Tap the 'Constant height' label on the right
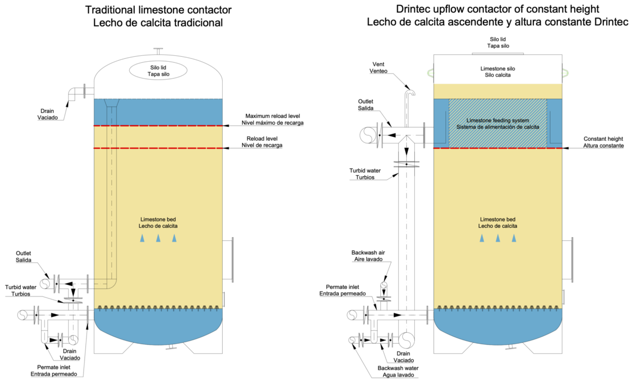pyautogui.click(x=603, y=142)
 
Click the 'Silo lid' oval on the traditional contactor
pyautogui.click(x=158, y=71)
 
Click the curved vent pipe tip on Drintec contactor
pyautogui.click(x=412, y=91)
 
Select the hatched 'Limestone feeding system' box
pyautogui.click(x=497, y=123)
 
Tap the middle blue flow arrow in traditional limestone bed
pyautogui.click(x=158, y=238)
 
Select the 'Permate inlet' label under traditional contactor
pyautogui.click(x=57, y=371)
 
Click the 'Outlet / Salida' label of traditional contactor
pyautogui.click(x=23, y=256)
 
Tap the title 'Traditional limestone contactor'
pyautogui.click(x=158, y=9)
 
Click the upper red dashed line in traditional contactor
pyautogui.click(x=158, y=126)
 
